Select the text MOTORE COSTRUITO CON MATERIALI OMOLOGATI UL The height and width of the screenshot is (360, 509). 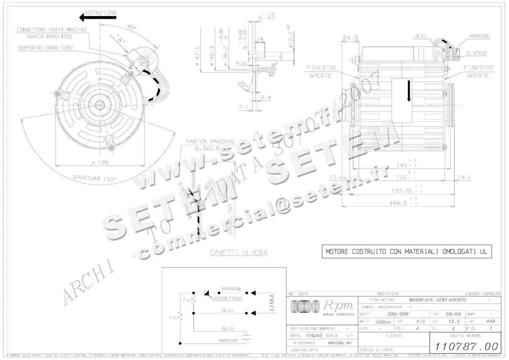point(406,251)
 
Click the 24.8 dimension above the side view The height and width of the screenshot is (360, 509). point(350,38)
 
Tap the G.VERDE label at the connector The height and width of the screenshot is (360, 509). point(477,53)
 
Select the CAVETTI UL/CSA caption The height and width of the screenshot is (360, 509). point(238,252)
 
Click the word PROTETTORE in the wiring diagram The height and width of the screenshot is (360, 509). point(228,299)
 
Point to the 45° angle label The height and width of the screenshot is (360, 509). point(132,28)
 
